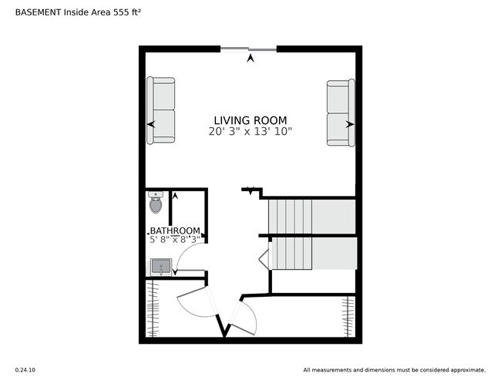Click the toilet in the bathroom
click(156, 204)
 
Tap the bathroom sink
click(161, 267)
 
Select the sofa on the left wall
click(161, 110)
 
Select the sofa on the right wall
click(340, 113)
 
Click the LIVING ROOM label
click(250, 120)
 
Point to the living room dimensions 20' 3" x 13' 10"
click(250, 132)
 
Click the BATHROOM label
click(175, 231)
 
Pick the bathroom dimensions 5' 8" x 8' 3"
click(175, 240)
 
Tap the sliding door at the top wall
click(248, 49)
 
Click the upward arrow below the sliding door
click(250, 58)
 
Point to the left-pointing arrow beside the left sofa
click(151, 123)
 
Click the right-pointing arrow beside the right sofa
click(349, 123)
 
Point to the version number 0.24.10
click(25, 370)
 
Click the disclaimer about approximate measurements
click(394, 370)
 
